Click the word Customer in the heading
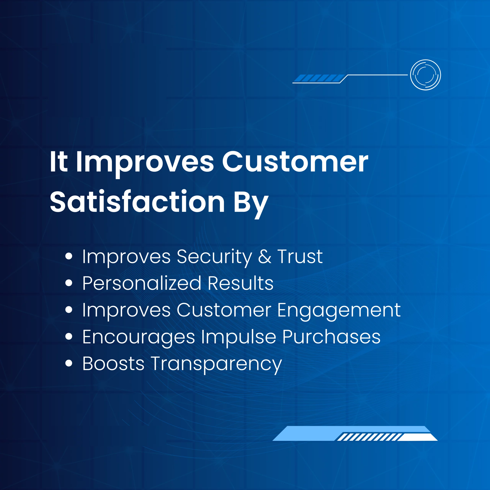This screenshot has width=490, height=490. [x=295, y=162]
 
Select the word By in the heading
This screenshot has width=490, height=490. [x=251, y=203]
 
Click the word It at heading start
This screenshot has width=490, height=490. [x=59, y=162]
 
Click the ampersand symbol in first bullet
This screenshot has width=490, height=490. [x=265, y=256]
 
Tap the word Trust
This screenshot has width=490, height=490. [x=300, y=256]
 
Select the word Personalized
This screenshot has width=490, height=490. [x=142, y=283]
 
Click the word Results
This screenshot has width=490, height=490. [x=240, y=283]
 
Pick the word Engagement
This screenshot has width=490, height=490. [x=339, y=310]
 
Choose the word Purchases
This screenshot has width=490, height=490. [x=331, y=337]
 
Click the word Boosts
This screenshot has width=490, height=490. [x=113, y=364]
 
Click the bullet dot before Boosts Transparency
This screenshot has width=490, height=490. [x=69, y=363]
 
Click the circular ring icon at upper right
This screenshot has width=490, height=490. [x=425, y=75]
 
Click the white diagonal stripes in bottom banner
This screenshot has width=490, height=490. [x=369, y=437]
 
